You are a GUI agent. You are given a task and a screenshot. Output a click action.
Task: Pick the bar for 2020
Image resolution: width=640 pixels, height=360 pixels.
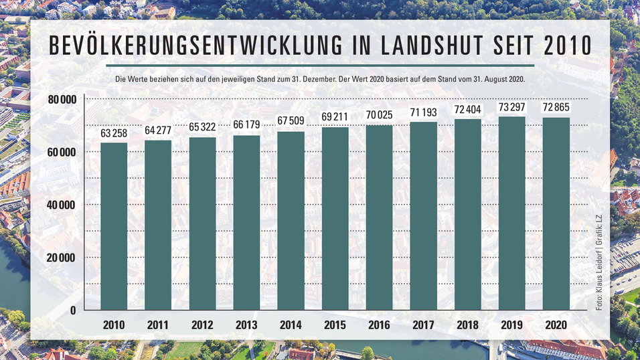click(x=556, y=213)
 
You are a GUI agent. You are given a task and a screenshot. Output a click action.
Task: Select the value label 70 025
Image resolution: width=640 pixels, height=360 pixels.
click(x=380, y=114)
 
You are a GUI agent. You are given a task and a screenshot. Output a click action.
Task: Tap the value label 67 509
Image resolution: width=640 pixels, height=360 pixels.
click(x=291, y=120)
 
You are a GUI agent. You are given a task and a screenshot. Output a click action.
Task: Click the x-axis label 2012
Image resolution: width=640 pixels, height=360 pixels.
click(x=202, y=325)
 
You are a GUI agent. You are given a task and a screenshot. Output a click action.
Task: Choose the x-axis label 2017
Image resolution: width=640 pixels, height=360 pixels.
click(x=424, y=325)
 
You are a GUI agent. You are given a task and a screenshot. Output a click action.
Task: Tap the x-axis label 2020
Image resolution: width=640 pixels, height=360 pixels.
click(x=556, y=325)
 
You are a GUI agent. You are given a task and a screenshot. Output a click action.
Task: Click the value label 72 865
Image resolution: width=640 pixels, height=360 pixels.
click(x=556, y=106)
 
